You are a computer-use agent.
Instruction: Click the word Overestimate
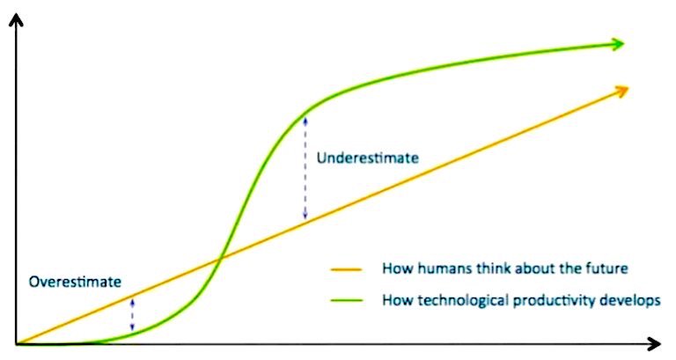click(x=75, y=283)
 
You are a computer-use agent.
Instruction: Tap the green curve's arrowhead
click(x=618, y=43)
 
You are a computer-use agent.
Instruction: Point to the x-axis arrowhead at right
click(x=654, y=342)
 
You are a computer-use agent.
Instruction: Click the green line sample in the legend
click(x=349, y=300)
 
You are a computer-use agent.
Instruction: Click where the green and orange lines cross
click(x=219, y=257)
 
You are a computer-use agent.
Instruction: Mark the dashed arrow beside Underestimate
click(x=305, y=167)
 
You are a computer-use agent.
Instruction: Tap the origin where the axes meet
click(x=16, y=343)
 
